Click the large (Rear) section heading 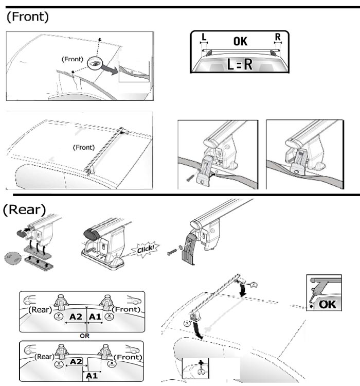[x=24, y=209]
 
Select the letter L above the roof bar [x=204, y=37]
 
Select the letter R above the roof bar [x=278, y=37]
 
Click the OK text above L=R [x=240, y=41]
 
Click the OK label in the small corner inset [x=327, y=304]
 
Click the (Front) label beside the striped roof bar [x=84, y=147]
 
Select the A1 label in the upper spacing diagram [x=95, y=317]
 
